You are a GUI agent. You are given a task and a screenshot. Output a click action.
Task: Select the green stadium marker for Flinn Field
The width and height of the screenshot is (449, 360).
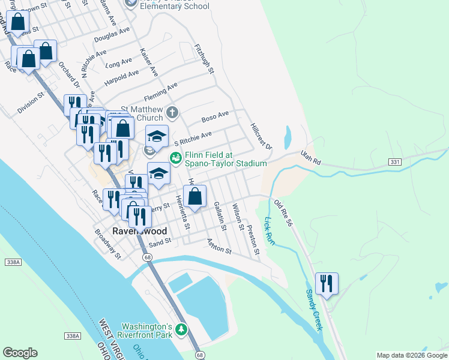pyautogui.click(x=176, y=158)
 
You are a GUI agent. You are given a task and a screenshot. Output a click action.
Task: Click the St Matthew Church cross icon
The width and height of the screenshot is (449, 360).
pyautogui.click(x=172, y=112)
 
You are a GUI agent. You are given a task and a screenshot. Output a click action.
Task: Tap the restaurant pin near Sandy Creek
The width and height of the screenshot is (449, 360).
pyautogui.click(x=327, y=283)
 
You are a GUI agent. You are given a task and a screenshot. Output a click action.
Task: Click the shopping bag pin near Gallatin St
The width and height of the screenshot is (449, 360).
pyautogui.click(x=194, y=196)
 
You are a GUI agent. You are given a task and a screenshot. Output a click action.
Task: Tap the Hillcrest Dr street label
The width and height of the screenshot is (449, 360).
pyautogui.click(x=261, y=137)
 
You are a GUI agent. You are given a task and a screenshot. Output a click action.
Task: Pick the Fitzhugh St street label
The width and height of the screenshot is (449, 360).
pyautogui.click(x=205, y=58)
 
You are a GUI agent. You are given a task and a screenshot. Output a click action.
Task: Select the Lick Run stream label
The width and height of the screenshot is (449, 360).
pyautogui.click(x=269, y=232)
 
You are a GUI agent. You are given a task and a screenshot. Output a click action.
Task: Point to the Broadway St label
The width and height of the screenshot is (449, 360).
pyautogui.click(x=108, y=242)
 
